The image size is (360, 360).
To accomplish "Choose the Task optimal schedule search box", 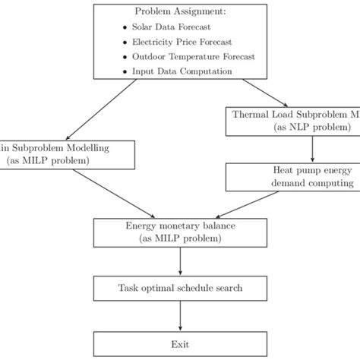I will click(180, 289).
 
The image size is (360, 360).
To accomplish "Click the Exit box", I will click(180, 343).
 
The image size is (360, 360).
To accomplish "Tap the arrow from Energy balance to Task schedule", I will click(180, 261).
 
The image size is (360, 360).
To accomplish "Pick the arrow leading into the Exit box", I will click(180, 316).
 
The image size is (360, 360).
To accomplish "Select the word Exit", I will click(180, 343).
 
